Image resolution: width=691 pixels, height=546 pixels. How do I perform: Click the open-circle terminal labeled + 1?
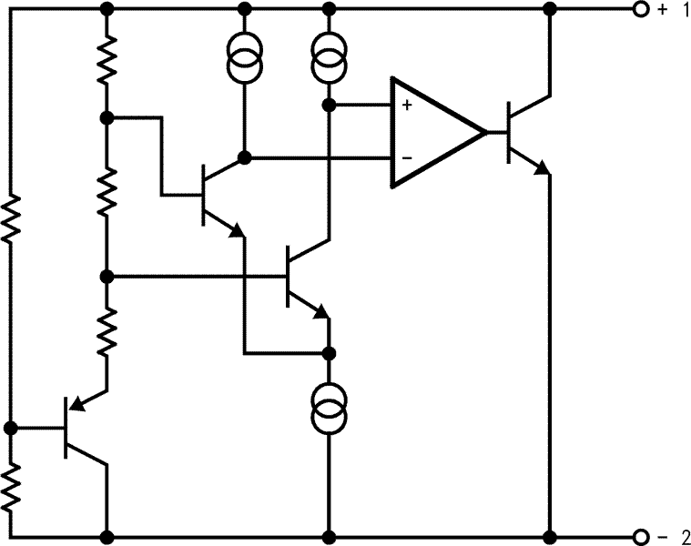coord(640,10)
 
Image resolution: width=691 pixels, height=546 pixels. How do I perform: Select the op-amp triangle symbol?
coord(432,132)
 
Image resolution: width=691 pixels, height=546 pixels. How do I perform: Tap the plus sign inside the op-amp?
coord(406,106)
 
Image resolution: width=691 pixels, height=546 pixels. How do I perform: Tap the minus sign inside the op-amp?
coord(406,157)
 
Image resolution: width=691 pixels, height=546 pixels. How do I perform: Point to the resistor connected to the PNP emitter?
coord(107,331)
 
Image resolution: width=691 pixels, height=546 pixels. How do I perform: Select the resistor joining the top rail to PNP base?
coord(11,217)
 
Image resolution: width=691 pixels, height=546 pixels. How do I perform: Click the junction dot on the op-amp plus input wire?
coord(329,106)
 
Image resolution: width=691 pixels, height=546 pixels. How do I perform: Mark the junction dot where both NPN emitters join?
coord(329,352)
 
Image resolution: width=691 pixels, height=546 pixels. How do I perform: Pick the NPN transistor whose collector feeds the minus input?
coord(218,196)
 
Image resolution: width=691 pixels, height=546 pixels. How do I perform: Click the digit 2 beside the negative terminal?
coord(683,536)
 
